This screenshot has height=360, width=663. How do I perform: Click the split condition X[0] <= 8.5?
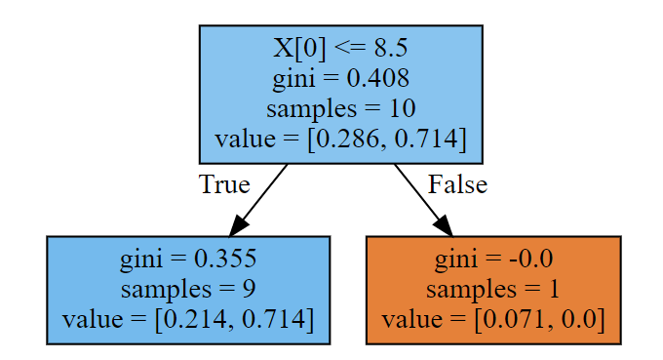340,48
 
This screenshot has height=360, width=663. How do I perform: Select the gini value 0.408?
378,78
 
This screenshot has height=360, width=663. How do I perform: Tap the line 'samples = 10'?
341,108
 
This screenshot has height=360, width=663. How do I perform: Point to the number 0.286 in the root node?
347,139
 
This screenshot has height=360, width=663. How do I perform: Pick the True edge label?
224,184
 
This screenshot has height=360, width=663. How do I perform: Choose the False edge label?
457,184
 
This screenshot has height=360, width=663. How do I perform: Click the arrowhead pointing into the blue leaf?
238,225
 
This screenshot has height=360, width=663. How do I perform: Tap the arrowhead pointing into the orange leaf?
444,225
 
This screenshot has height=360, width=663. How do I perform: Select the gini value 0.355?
225,259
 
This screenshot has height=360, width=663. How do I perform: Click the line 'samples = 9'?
188,289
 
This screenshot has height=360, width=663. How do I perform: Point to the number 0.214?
194,319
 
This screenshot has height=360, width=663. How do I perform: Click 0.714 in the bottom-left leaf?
273,319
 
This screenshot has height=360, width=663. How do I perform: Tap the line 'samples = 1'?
493,289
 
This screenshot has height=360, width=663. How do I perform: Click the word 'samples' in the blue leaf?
166,290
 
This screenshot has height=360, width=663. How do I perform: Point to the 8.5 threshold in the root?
391,48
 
